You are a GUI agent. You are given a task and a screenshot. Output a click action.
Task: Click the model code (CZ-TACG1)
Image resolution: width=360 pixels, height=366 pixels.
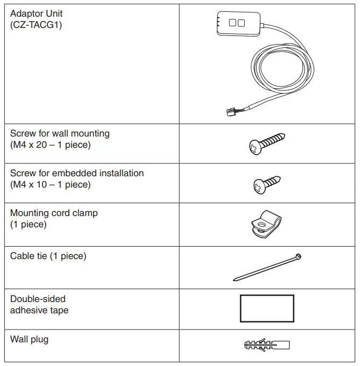tap(36, 25)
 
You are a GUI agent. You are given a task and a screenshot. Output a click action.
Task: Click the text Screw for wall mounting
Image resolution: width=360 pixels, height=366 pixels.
tap(60, 133)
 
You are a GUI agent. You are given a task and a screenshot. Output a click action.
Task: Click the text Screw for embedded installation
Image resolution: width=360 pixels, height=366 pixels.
tap(77, 173)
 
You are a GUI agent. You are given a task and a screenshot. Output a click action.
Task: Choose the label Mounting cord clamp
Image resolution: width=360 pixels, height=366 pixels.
tap(54, 213)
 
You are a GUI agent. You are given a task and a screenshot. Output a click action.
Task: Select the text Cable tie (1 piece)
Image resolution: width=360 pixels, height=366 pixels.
tap(48, 256)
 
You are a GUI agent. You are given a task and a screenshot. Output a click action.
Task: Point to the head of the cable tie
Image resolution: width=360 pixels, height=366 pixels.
tap(298, 257)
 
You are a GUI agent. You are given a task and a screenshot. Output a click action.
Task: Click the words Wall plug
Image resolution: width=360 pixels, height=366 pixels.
tap(29, 339)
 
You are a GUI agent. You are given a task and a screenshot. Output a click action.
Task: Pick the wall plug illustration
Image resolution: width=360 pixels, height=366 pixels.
tap(266, 344)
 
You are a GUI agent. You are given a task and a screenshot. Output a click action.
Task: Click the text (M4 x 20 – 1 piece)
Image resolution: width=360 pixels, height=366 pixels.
tap(50, 145)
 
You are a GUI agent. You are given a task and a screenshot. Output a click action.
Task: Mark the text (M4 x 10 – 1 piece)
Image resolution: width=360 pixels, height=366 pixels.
tap(50, 185)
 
